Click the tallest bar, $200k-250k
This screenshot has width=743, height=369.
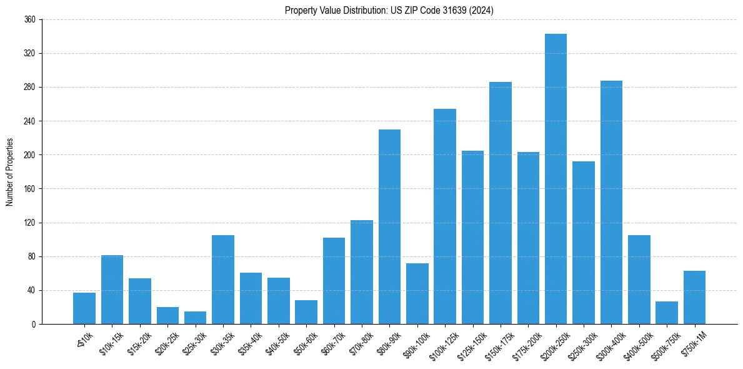point(556,179)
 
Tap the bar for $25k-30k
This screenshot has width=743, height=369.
point(195,318)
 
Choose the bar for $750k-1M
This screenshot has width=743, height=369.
point(694,297)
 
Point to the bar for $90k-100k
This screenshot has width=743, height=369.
point(417,293)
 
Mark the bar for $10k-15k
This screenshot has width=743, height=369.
point(112,290)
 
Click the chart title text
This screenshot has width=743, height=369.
point(389,11)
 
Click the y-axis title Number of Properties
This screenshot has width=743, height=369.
point(9,172)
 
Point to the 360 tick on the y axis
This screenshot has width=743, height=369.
point(30,20)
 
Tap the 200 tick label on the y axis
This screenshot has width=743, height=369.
point(30,155)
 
